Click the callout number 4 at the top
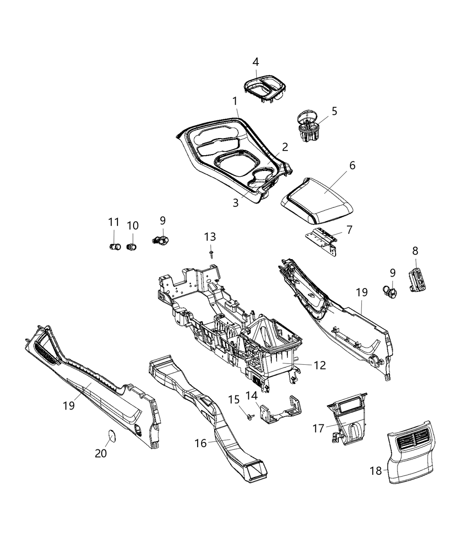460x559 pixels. (x=256, y=62)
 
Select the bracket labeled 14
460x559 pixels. (x=280, y=411)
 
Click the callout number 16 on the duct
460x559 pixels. (x=201, y=443)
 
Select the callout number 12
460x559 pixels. (x=320, y=365)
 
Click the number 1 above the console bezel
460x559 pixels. (x=234, y=101)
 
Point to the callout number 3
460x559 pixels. (x=236, y=203)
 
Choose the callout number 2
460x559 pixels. (x=284, y=147)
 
